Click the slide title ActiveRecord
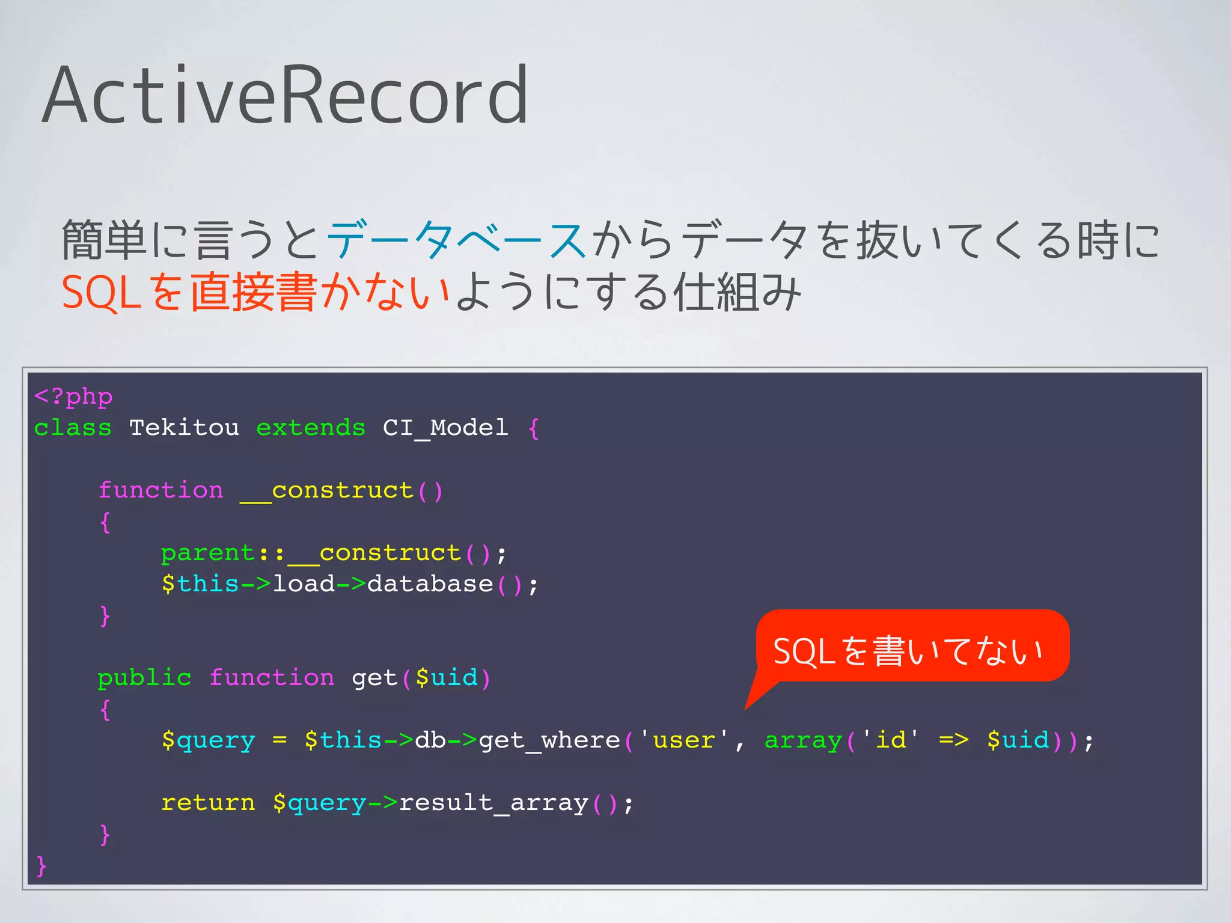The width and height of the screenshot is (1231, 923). pos(286,96)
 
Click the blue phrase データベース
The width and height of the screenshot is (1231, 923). pos(456,240)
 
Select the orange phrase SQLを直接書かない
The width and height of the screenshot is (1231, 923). pos(255,293)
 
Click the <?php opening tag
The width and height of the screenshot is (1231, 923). pos(73,397)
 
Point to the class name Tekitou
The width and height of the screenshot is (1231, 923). pos(184,428)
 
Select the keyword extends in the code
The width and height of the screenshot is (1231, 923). pos(311,428)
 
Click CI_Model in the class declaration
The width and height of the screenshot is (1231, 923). pos(445,428)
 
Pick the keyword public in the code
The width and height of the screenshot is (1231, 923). pos(144,678)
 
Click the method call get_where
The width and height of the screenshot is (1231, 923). pos(549,740)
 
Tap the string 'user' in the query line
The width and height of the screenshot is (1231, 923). pos(684,740)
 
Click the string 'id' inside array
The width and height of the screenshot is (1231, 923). pos(891,740)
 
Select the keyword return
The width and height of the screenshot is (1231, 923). pos(208,803)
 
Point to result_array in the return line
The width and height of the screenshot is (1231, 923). pos(493,803)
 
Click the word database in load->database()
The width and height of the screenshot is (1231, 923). pos(430,584)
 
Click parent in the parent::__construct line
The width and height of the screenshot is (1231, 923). pos(208,553)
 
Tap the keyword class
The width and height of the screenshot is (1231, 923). pos(73,428)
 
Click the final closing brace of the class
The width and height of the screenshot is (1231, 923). pos(41,866)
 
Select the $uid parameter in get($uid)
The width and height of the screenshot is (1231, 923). pos(447,678)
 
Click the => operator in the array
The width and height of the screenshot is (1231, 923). pos(953,740)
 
